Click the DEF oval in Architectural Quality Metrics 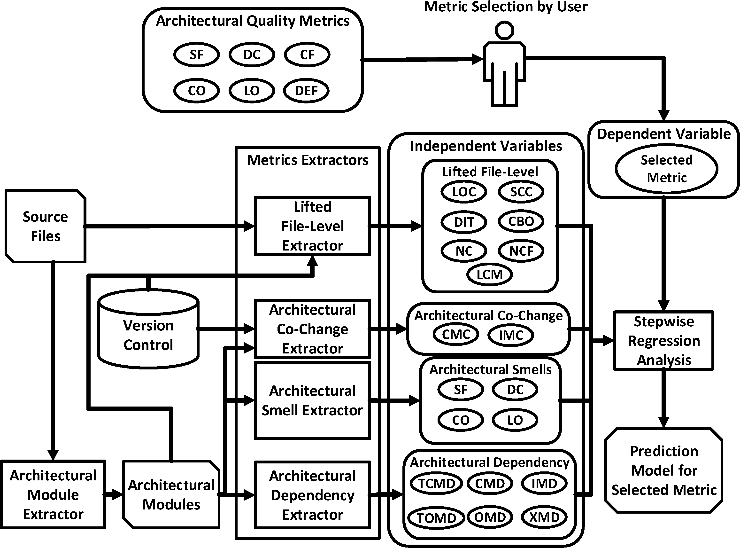click(x=306, y=91)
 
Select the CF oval click(x=307, y=55)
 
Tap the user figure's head click(x=504, y=31)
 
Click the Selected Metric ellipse click(x=666, y=169)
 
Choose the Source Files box click(x=46, y=226)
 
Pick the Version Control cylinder click(x=148, y=335)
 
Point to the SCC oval click(x=521, y=192)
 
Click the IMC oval click(x=511, y=335)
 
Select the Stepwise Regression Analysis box click(x=663, y=340)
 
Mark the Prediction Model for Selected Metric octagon click(x=664, y=470)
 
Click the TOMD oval click(x=436, y=518)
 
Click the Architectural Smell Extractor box click(x=312, y=400)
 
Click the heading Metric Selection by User click(x=506, y=7)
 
